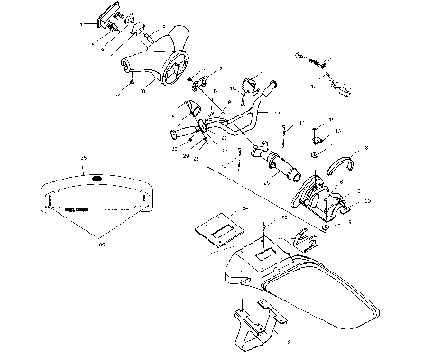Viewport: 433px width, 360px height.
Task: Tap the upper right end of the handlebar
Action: tap(275, 112)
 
